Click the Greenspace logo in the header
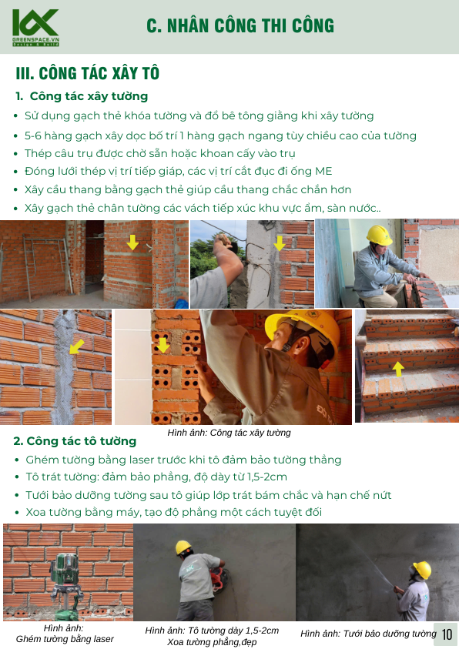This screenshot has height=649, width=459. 35,27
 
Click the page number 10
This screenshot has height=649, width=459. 447,634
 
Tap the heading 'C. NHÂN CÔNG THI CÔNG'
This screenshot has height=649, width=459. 240,25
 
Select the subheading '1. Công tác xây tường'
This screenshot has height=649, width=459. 82,96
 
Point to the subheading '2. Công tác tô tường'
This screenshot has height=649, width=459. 75,441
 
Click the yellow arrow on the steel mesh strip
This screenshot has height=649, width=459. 77,346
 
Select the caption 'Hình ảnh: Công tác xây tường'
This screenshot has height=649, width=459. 229,433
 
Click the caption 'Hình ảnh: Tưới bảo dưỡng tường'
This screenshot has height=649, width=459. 368,634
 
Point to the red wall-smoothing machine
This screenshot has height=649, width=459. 218,576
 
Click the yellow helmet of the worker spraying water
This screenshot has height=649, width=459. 422,569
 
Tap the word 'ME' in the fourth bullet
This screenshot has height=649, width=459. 323,172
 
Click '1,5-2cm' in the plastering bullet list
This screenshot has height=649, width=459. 267,477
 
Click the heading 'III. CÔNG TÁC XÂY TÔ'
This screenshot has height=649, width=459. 88,73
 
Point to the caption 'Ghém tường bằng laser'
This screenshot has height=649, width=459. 65,639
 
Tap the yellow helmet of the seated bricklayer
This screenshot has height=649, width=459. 379,235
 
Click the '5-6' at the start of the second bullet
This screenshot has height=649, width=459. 32,135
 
